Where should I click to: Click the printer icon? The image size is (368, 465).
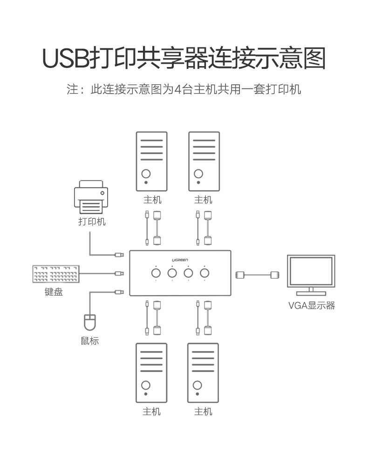[91, 197]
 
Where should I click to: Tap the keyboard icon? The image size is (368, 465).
[56, 274]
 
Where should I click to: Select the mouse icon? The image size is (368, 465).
[90, 322]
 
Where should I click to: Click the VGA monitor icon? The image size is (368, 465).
[311, 275]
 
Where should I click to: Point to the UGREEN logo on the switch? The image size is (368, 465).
[180, 260]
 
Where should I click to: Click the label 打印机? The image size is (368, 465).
[92, 222]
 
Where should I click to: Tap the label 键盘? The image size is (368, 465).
[54, 292]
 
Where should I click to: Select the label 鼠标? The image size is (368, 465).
[89, 340]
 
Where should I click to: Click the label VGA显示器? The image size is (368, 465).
[312, 305]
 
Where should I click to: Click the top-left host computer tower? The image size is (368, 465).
[152, 162]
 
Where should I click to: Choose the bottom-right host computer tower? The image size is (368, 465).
[203, 373]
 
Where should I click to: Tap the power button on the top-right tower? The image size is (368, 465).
[198, 174]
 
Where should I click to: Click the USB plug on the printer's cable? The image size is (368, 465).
[119, 255]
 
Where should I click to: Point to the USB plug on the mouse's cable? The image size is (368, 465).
[119, 292]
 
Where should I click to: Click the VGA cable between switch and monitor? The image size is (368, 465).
[257, 275]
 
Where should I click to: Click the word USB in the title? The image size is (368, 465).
[66, 59]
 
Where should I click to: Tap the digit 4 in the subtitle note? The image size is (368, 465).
[177, 89]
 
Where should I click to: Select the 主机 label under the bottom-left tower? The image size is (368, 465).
[151, 411]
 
